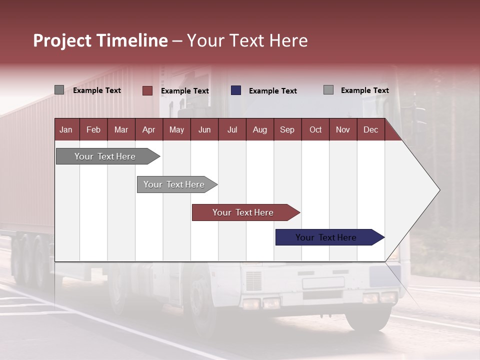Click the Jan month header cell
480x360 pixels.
[66, 129]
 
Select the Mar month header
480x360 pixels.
[121, 129]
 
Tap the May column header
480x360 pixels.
[176, 129]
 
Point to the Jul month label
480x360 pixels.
[232, 129]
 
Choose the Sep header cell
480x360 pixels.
[287, 129]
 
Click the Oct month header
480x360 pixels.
[315, 129]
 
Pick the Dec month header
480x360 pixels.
[370, 129]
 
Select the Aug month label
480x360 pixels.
[259, 129]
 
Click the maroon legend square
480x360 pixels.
[147, 90]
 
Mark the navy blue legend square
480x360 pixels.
[236, 90]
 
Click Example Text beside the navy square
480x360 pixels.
[272, 91]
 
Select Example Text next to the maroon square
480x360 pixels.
[184, 91]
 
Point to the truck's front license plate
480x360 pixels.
[323, 283]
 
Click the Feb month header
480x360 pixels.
[93, 129]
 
